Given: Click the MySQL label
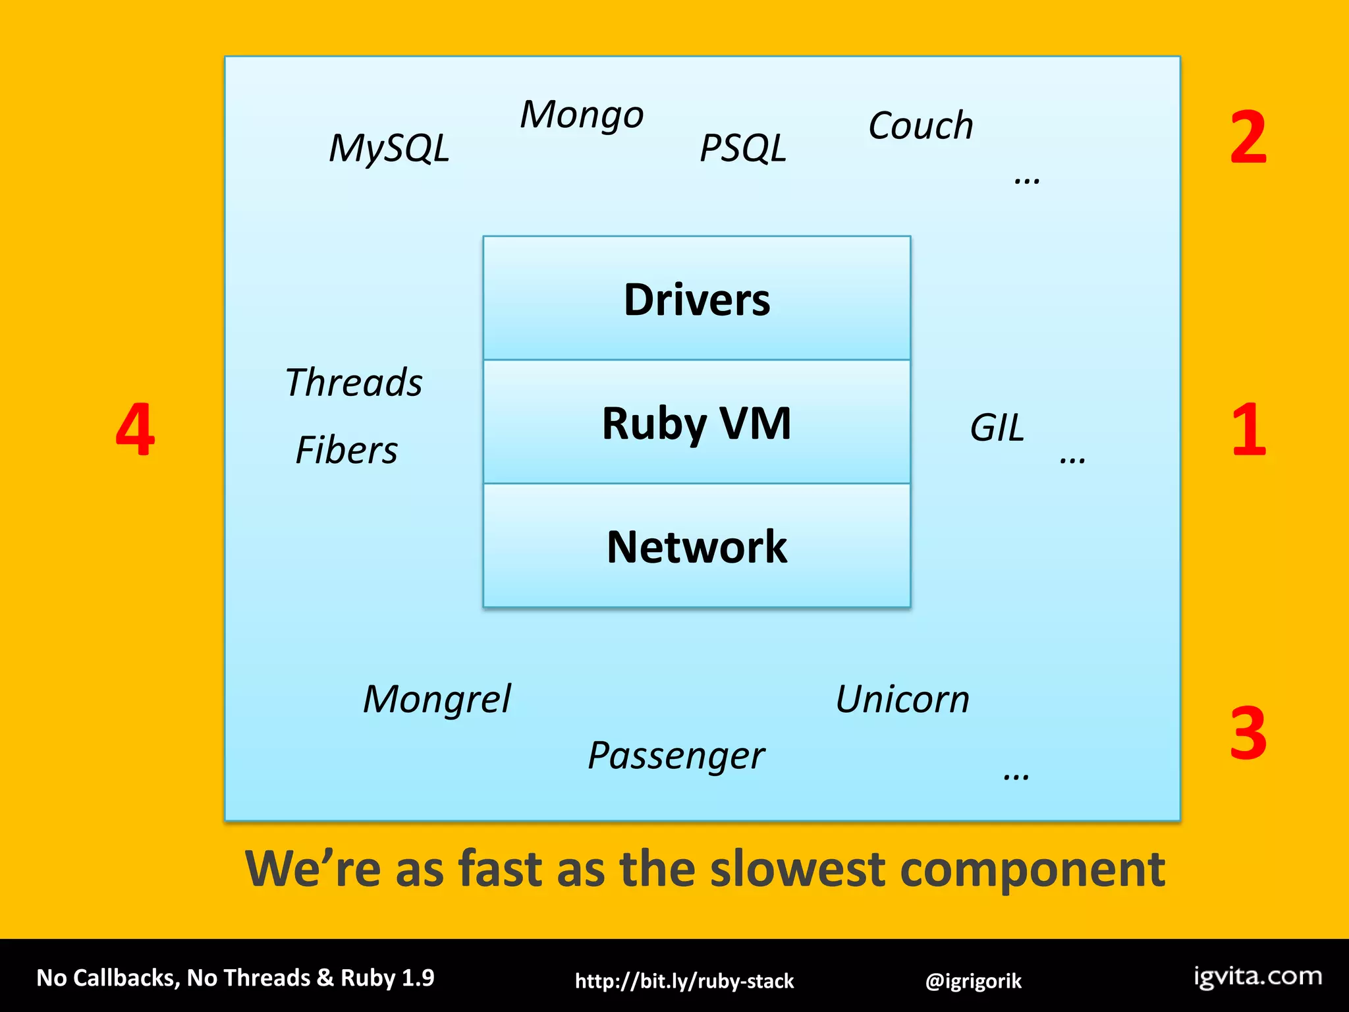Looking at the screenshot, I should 389,148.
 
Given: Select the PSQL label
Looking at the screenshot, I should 742,148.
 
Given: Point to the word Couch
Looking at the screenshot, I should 920,125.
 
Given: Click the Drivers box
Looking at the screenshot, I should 697,299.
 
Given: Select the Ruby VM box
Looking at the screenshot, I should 697,423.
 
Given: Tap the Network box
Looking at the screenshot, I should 697,546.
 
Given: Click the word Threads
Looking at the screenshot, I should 354,382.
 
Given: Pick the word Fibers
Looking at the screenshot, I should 346,450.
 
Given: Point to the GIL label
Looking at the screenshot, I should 997,428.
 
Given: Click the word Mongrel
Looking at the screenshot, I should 437,699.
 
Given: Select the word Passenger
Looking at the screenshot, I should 676,756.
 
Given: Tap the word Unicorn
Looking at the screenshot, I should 902,699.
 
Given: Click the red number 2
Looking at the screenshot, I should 1248,138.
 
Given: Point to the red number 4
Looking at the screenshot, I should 135,430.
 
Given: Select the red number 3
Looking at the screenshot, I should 1248,733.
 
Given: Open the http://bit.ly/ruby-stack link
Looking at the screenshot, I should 684,981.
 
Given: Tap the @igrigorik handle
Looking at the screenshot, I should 973,981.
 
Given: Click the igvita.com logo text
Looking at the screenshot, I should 1257,976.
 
